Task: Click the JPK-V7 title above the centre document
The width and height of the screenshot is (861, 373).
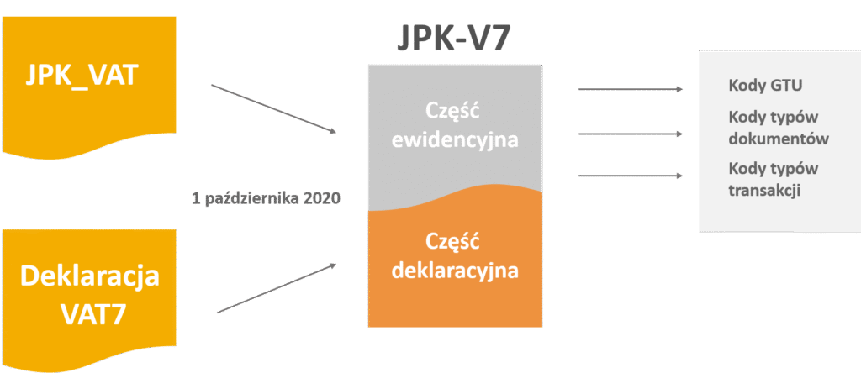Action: click(x=455, y=39)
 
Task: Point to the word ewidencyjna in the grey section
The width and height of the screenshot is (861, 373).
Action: click(x=455, y=139)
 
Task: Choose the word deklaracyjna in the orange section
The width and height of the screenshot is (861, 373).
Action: click(x=455, y=271)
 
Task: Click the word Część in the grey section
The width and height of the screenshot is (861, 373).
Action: click(x=455, y=112)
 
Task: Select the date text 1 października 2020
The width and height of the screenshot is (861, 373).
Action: click(x=265, y=199)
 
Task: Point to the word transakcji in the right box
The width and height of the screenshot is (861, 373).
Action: click(x=764, y=191)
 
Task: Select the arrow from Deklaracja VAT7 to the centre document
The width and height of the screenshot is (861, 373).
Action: click(x=276, y=288)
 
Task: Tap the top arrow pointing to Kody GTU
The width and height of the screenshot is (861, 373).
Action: click(x=631, y=88)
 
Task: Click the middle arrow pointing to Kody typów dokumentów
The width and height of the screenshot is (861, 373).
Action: click(x=631, y=133)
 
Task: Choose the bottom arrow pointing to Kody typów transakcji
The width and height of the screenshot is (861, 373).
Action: click(x=631, y=176)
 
